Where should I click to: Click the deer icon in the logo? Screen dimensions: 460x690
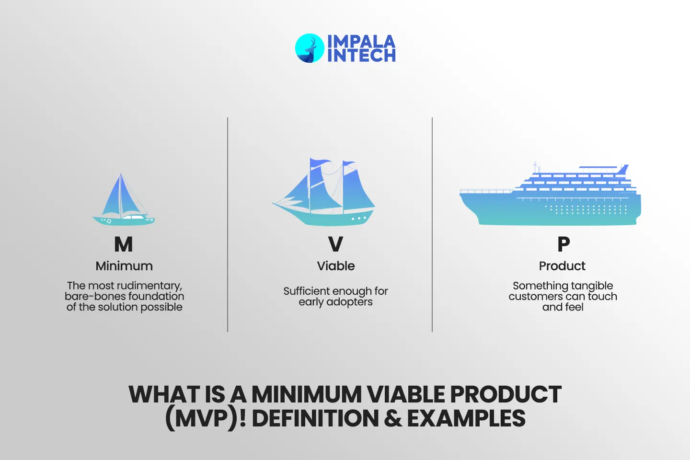tap(310, 48)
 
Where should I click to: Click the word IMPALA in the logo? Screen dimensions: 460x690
tap(361, 41)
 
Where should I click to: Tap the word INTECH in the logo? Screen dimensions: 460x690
tap(361, 56)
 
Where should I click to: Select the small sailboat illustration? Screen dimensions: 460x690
tap(123, 201)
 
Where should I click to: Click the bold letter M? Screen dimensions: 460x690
tap(124, 244)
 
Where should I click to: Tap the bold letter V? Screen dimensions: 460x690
tap(335, 244)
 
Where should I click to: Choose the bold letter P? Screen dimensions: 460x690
tap(563, 244)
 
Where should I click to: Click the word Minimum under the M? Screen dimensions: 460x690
tap(124, 266)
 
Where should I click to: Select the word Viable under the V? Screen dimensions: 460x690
tap(336, 266)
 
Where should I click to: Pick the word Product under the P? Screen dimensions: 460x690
tap(562, 266)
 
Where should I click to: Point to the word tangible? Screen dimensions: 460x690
tap(591, 286)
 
